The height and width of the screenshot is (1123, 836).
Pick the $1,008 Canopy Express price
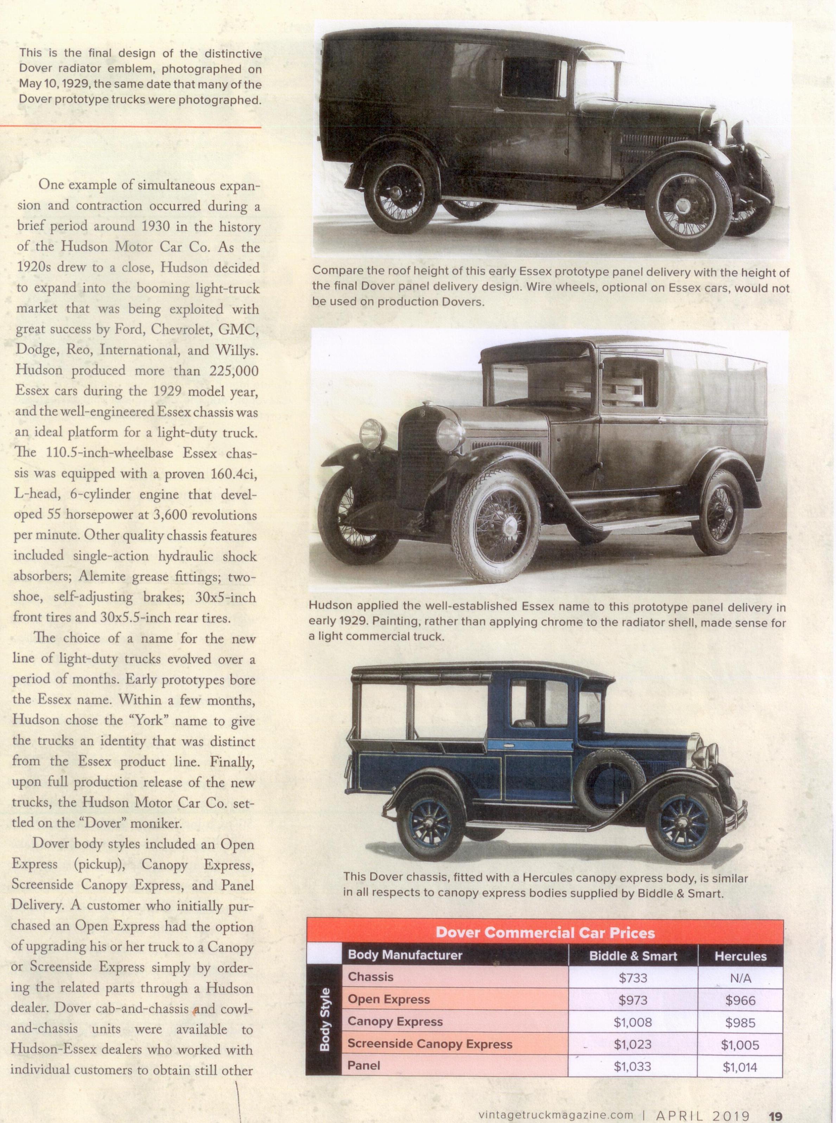(x=633, y=1022)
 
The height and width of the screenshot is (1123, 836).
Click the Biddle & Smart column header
(x=633, y=956)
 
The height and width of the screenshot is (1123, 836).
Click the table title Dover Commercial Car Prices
(x=545, y=933)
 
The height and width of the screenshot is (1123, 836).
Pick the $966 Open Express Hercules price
(x=740, y=1000)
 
